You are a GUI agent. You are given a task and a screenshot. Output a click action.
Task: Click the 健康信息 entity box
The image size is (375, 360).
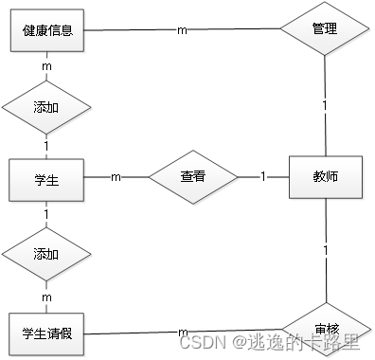[46, 31]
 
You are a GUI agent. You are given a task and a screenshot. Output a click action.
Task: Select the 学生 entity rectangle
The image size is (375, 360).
[46, 179]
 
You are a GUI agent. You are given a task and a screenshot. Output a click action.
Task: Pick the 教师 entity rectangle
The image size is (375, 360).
[325, 176]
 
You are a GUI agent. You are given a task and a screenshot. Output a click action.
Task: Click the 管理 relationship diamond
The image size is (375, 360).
[324, 29]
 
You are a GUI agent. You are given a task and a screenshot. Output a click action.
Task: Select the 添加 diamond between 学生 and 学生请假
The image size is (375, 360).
[46, 255]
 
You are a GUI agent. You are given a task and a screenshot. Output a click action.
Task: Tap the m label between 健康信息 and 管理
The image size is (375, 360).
[182, 29]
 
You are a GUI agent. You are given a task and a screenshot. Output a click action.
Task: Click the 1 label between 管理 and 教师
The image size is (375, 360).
[324, 104]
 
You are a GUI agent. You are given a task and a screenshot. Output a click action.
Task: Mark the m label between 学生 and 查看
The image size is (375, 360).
[116, 176]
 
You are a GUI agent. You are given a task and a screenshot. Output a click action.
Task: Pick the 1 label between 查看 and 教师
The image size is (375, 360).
[262, 176]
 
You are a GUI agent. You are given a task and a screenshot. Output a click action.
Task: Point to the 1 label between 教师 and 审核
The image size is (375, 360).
[325, 250]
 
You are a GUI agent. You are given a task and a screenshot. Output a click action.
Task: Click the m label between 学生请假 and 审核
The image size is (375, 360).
[183, 331]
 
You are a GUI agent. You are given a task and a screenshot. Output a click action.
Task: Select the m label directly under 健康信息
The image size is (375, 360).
[46, 66]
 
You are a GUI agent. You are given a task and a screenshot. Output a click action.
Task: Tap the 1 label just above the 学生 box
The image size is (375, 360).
[46, 146]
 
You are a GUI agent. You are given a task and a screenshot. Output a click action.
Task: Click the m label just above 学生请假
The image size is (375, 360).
[46, 297]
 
